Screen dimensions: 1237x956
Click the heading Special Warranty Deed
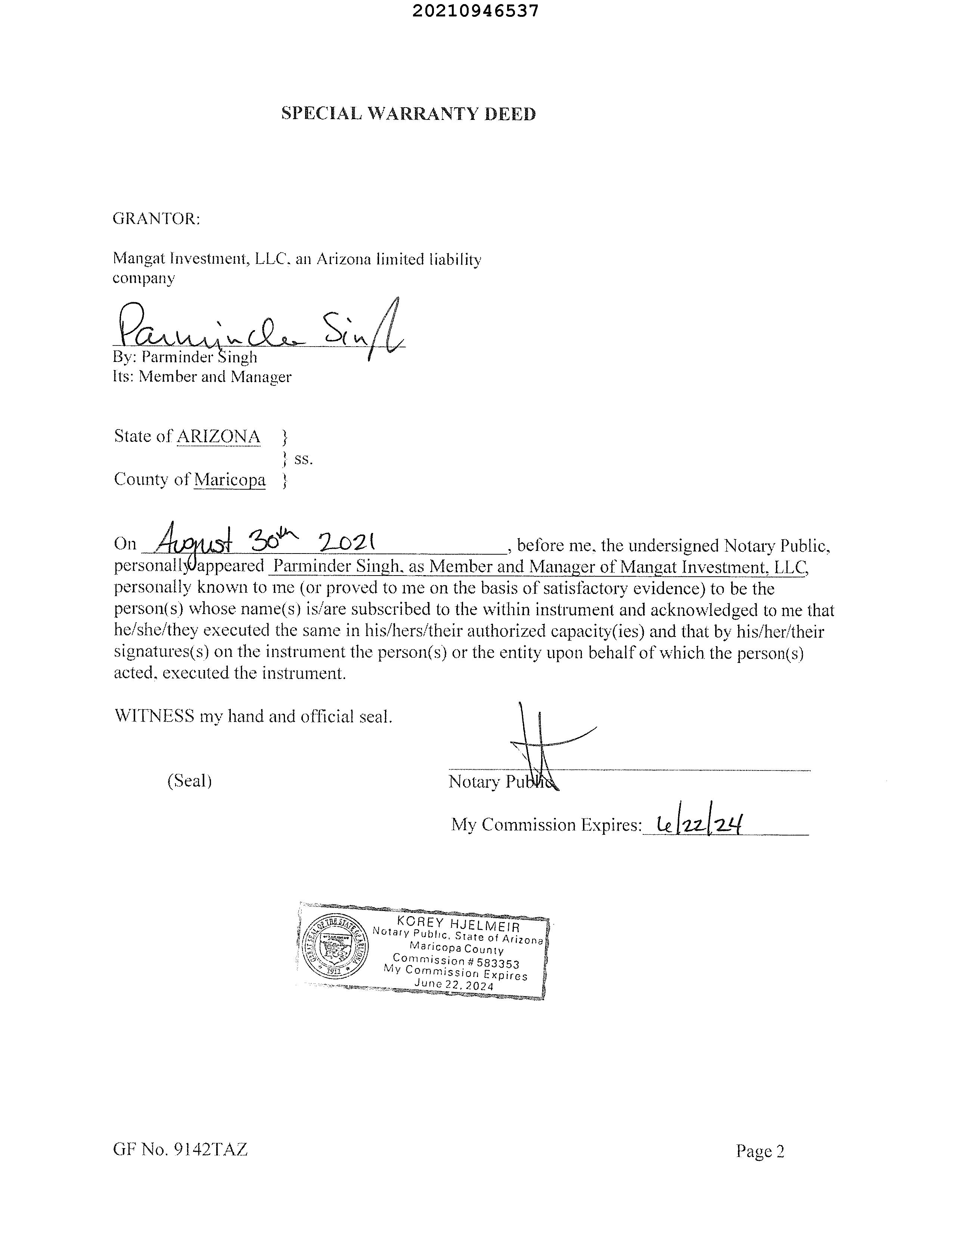coord(408,114)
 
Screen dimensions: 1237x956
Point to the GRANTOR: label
coord(156,218)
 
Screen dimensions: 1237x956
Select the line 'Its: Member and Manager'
coord(202,376)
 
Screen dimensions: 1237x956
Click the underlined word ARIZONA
coord(218,437)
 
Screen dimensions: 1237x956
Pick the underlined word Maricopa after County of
coord(229,480)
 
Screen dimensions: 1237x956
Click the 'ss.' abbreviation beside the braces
coord(304,459)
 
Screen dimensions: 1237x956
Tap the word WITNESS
coord(154,716)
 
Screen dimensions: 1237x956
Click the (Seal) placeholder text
coord(190,781)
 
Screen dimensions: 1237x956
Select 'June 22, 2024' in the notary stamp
coord(454,985)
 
